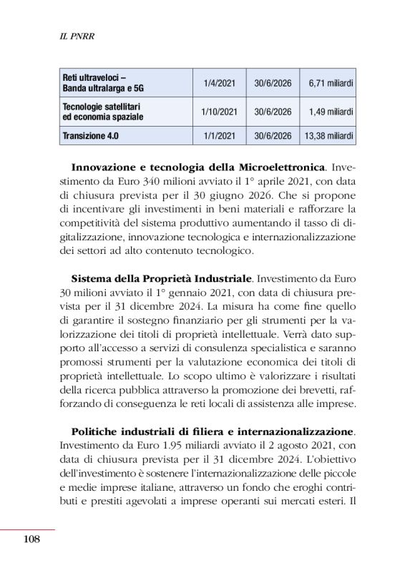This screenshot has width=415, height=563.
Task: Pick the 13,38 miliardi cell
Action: coord(327,136)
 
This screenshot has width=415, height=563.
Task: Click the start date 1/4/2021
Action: coord(219,83)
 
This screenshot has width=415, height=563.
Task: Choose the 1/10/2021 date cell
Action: coord(219,112)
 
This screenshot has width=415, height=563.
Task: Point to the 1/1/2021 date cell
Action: coord(219,136)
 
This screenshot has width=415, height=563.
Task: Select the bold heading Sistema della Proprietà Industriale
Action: coord(161,276)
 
